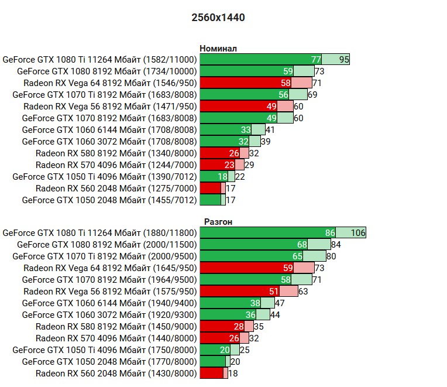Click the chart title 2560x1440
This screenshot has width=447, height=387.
click(218, 18)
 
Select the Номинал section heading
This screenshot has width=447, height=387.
click(218, 49)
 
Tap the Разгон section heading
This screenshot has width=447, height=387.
click(218, 222)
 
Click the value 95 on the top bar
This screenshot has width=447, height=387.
click(344, 59)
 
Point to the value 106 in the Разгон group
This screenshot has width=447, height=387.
click(358, 232)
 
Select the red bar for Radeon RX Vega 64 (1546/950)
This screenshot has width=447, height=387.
click(246, 83)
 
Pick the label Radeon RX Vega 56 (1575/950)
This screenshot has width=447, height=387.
click(110, 291)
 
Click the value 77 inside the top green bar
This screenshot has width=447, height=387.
click(316, 59)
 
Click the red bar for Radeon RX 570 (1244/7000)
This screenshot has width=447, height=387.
click(216, 165)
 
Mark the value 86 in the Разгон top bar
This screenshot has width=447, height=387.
click(330, 232)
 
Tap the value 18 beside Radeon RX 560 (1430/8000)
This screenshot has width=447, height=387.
click(233, 373)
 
